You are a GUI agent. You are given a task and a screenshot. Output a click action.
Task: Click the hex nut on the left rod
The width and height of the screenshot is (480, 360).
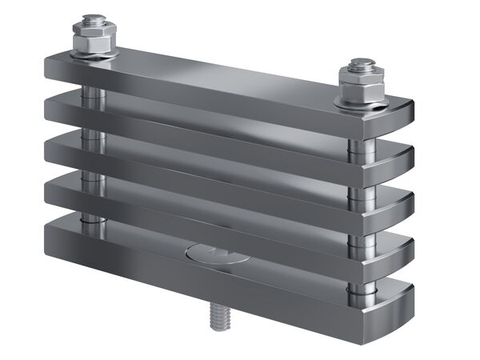pyautogui.click(x=94, y=38)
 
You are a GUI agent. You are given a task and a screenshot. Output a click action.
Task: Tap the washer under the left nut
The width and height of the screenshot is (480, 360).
pyautogui.click(x=94, y=54)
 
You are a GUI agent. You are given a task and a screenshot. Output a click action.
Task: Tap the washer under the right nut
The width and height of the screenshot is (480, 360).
pyautogui.click(x=362, y=100)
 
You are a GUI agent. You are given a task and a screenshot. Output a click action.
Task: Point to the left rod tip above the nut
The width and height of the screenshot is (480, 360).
pyautogui.click(x=94, y=19)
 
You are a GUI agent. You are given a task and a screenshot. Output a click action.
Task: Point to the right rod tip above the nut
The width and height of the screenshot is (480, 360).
pyautogui.click(x=362, y=63)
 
